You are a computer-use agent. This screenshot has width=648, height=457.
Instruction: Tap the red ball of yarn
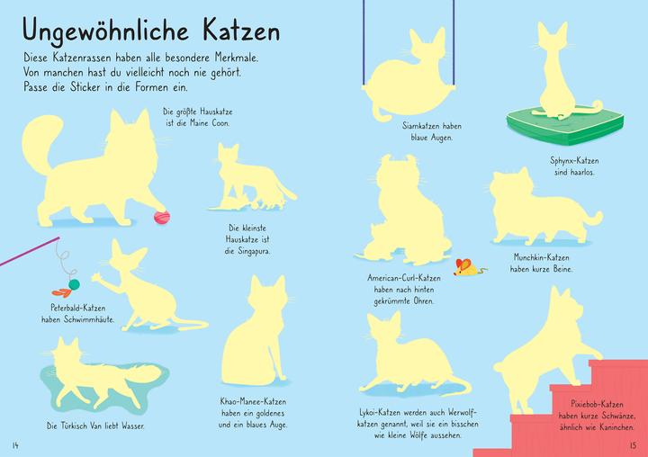point(162,216)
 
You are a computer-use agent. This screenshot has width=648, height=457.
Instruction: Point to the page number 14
point(14,444)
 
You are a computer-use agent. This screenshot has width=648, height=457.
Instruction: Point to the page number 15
point(634,444)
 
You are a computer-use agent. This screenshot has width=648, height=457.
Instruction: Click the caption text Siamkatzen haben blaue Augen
point(427,132)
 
